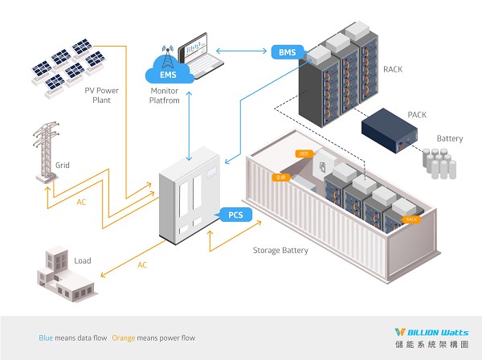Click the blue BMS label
[x=287, y=52]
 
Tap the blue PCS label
[x=235, y=215]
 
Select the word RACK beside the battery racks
[x=415, y=69]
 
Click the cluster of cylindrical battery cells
[x=439, y=166]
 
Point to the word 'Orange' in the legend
[x=125, y=337]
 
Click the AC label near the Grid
[x=81, y=202]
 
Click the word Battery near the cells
[x=449, y=139]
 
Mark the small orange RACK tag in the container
[x=411, y=219]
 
